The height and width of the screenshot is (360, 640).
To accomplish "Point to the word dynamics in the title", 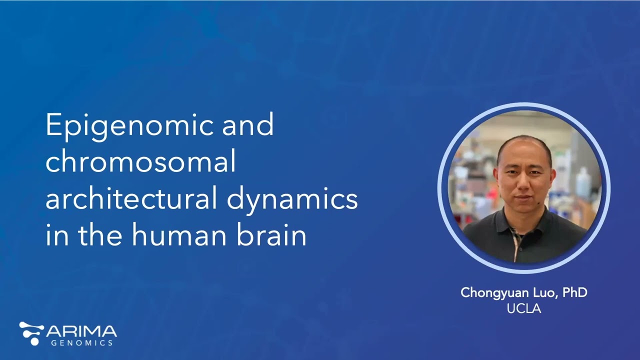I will click(292, 199).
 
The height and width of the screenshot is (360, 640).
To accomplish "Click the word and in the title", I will click(248, 125).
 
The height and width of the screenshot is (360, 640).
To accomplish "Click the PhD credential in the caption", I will click(574, 292).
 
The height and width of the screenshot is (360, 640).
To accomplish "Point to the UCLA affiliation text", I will click(523, 308).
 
